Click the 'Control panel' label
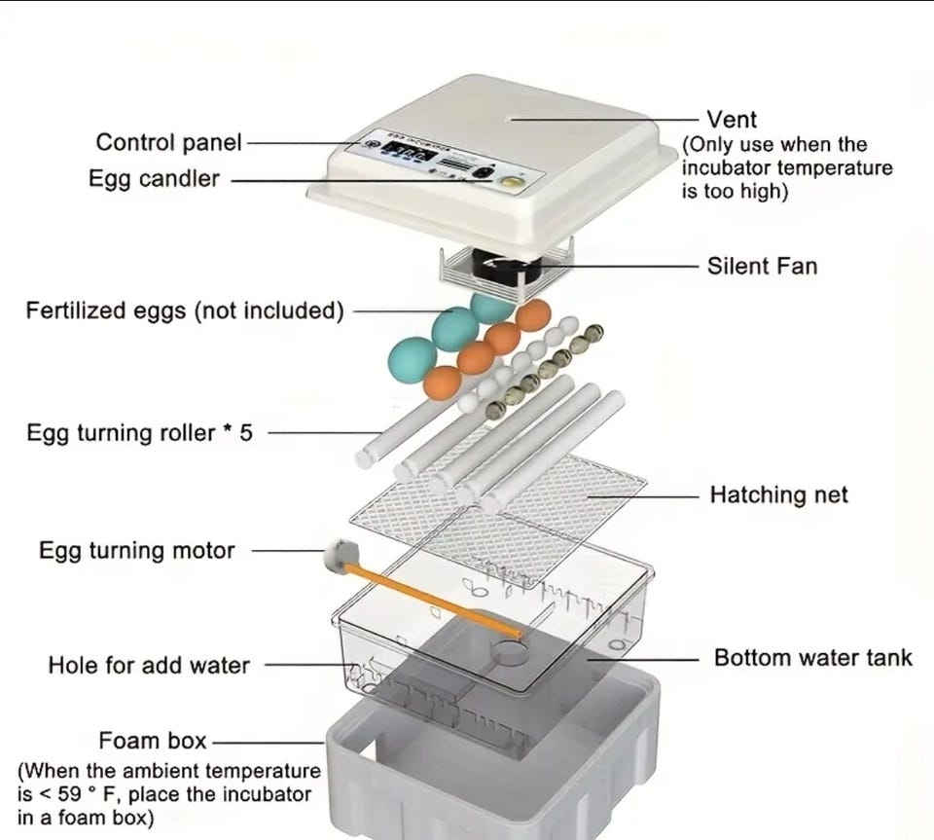point(167,142)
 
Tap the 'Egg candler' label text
point(154,179)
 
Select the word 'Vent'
point(732,120)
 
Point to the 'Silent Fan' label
point(762,265)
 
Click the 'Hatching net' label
point(778,494)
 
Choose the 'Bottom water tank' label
point(813,657)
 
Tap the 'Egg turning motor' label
point(136,550)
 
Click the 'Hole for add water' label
point(149,666)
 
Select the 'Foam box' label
point(153,741)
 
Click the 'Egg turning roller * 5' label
point(139,432)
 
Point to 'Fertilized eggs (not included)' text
point(184,311)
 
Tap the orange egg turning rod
point(438,596)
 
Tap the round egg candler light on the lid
point(506,180)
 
